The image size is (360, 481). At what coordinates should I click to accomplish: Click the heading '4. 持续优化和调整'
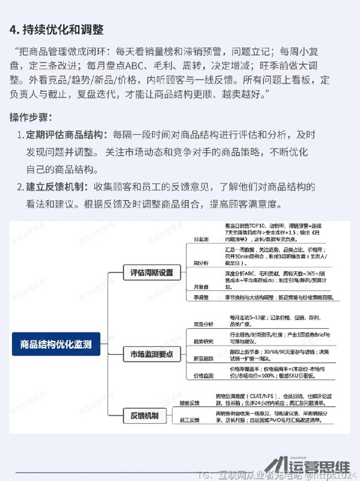[x=56, y=29]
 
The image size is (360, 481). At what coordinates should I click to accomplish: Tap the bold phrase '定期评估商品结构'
[x=65, y=134]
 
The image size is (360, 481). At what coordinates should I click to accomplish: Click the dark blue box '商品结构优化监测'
[x=56, y=345]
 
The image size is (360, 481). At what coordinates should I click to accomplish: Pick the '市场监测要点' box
[x=151, y=354]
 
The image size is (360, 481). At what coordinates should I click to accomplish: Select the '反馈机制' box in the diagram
[x=144, y=415]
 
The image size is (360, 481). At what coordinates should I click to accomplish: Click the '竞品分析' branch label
[x=203, y=324]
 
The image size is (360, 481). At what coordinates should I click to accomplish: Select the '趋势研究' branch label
[x=203, y=341]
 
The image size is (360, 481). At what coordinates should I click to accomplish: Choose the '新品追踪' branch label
[x=203, y=358]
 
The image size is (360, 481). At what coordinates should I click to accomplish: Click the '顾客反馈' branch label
[x=190, y=402]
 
